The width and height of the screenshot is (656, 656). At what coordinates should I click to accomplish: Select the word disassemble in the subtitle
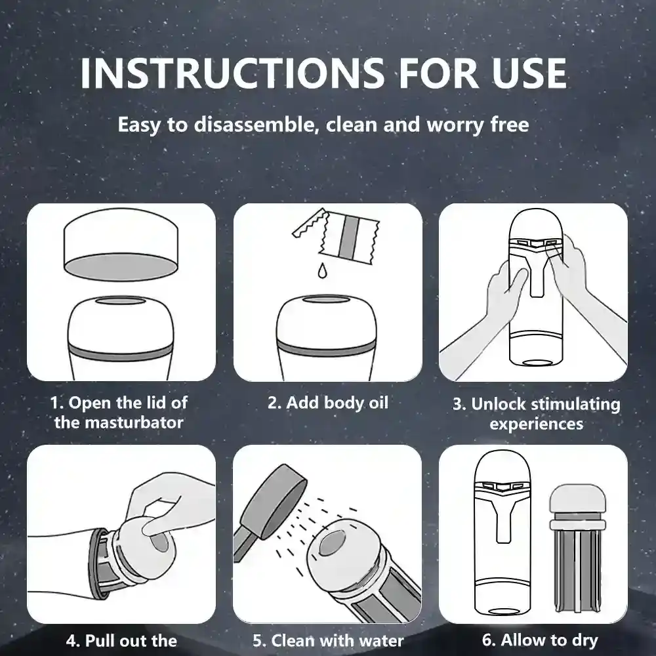[x=254, y=124]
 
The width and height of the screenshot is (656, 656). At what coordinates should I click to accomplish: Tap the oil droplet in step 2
[x=322, y=270]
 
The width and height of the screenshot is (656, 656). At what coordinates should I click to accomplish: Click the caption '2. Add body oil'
[x=328, y=403]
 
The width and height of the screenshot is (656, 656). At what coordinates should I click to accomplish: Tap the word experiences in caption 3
[x=537, y=424]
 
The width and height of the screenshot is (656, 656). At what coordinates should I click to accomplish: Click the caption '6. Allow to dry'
[x=540, y=640]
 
